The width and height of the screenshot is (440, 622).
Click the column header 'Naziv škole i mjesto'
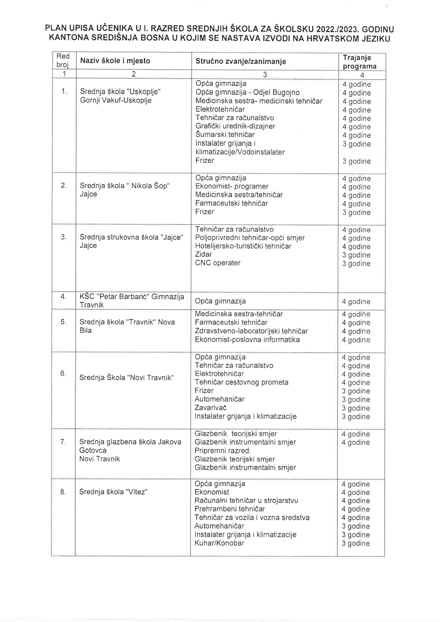115,61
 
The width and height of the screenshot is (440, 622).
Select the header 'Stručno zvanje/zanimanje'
241,62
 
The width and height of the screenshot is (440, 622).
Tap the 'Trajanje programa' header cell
359,62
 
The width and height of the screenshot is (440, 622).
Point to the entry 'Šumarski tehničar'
225,135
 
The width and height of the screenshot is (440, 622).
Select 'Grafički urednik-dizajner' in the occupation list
235,126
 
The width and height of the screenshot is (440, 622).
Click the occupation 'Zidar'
203,255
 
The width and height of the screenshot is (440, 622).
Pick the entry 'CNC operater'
218,263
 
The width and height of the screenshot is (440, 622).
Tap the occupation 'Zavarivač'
210,408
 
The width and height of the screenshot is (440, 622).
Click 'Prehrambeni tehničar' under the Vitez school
230,509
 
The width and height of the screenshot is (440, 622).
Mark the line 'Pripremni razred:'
222,451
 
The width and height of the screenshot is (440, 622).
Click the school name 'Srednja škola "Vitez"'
113,492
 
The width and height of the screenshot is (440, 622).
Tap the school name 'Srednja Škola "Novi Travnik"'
127,378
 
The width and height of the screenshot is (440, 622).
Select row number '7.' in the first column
63,442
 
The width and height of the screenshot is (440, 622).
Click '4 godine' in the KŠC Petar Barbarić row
356,302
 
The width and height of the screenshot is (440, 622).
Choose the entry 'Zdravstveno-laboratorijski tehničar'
251,331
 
